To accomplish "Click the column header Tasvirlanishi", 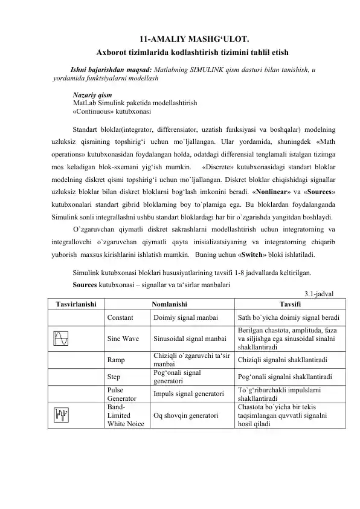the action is point(74,305).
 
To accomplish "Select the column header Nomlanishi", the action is point(169,305).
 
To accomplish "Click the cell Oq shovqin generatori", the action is point(185,416).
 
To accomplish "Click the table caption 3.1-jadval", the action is point(321,294).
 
